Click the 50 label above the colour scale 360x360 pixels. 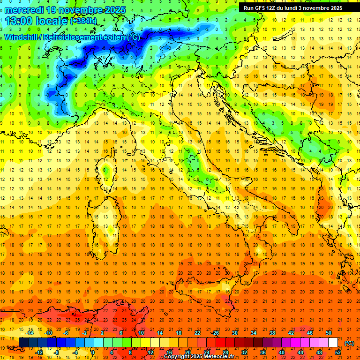click(329, 333)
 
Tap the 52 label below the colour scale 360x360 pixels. click(338, 352)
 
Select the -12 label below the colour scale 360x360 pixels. click(39, 352)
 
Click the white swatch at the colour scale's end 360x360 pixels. click(333, 343)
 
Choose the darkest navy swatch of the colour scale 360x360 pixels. click(23, 343)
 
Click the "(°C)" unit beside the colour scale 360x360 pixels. click(349, 343)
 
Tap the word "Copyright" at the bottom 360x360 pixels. click(177, 357)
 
